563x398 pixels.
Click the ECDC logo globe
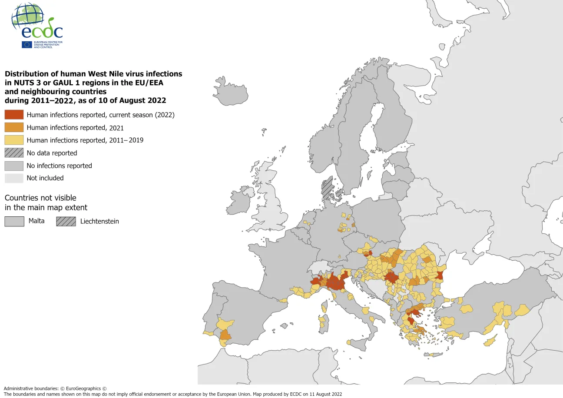point(28,17)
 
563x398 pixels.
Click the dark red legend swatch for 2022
point(14,115)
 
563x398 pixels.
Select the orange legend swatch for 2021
point(14,127)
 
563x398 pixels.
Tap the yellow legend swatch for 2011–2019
point(14,140)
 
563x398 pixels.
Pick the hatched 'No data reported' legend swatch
point(14,153)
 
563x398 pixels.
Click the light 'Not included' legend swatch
point(14,178)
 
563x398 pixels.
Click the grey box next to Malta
point(14,221)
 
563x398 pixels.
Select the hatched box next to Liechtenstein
point(66,221)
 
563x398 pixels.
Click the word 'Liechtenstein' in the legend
point(99,221)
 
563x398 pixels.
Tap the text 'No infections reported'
point(59,166)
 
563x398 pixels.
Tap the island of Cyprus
point(491,341)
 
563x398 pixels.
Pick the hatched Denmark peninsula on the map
point(327,187)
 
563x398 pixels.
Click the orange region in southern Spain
point(225,335)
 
